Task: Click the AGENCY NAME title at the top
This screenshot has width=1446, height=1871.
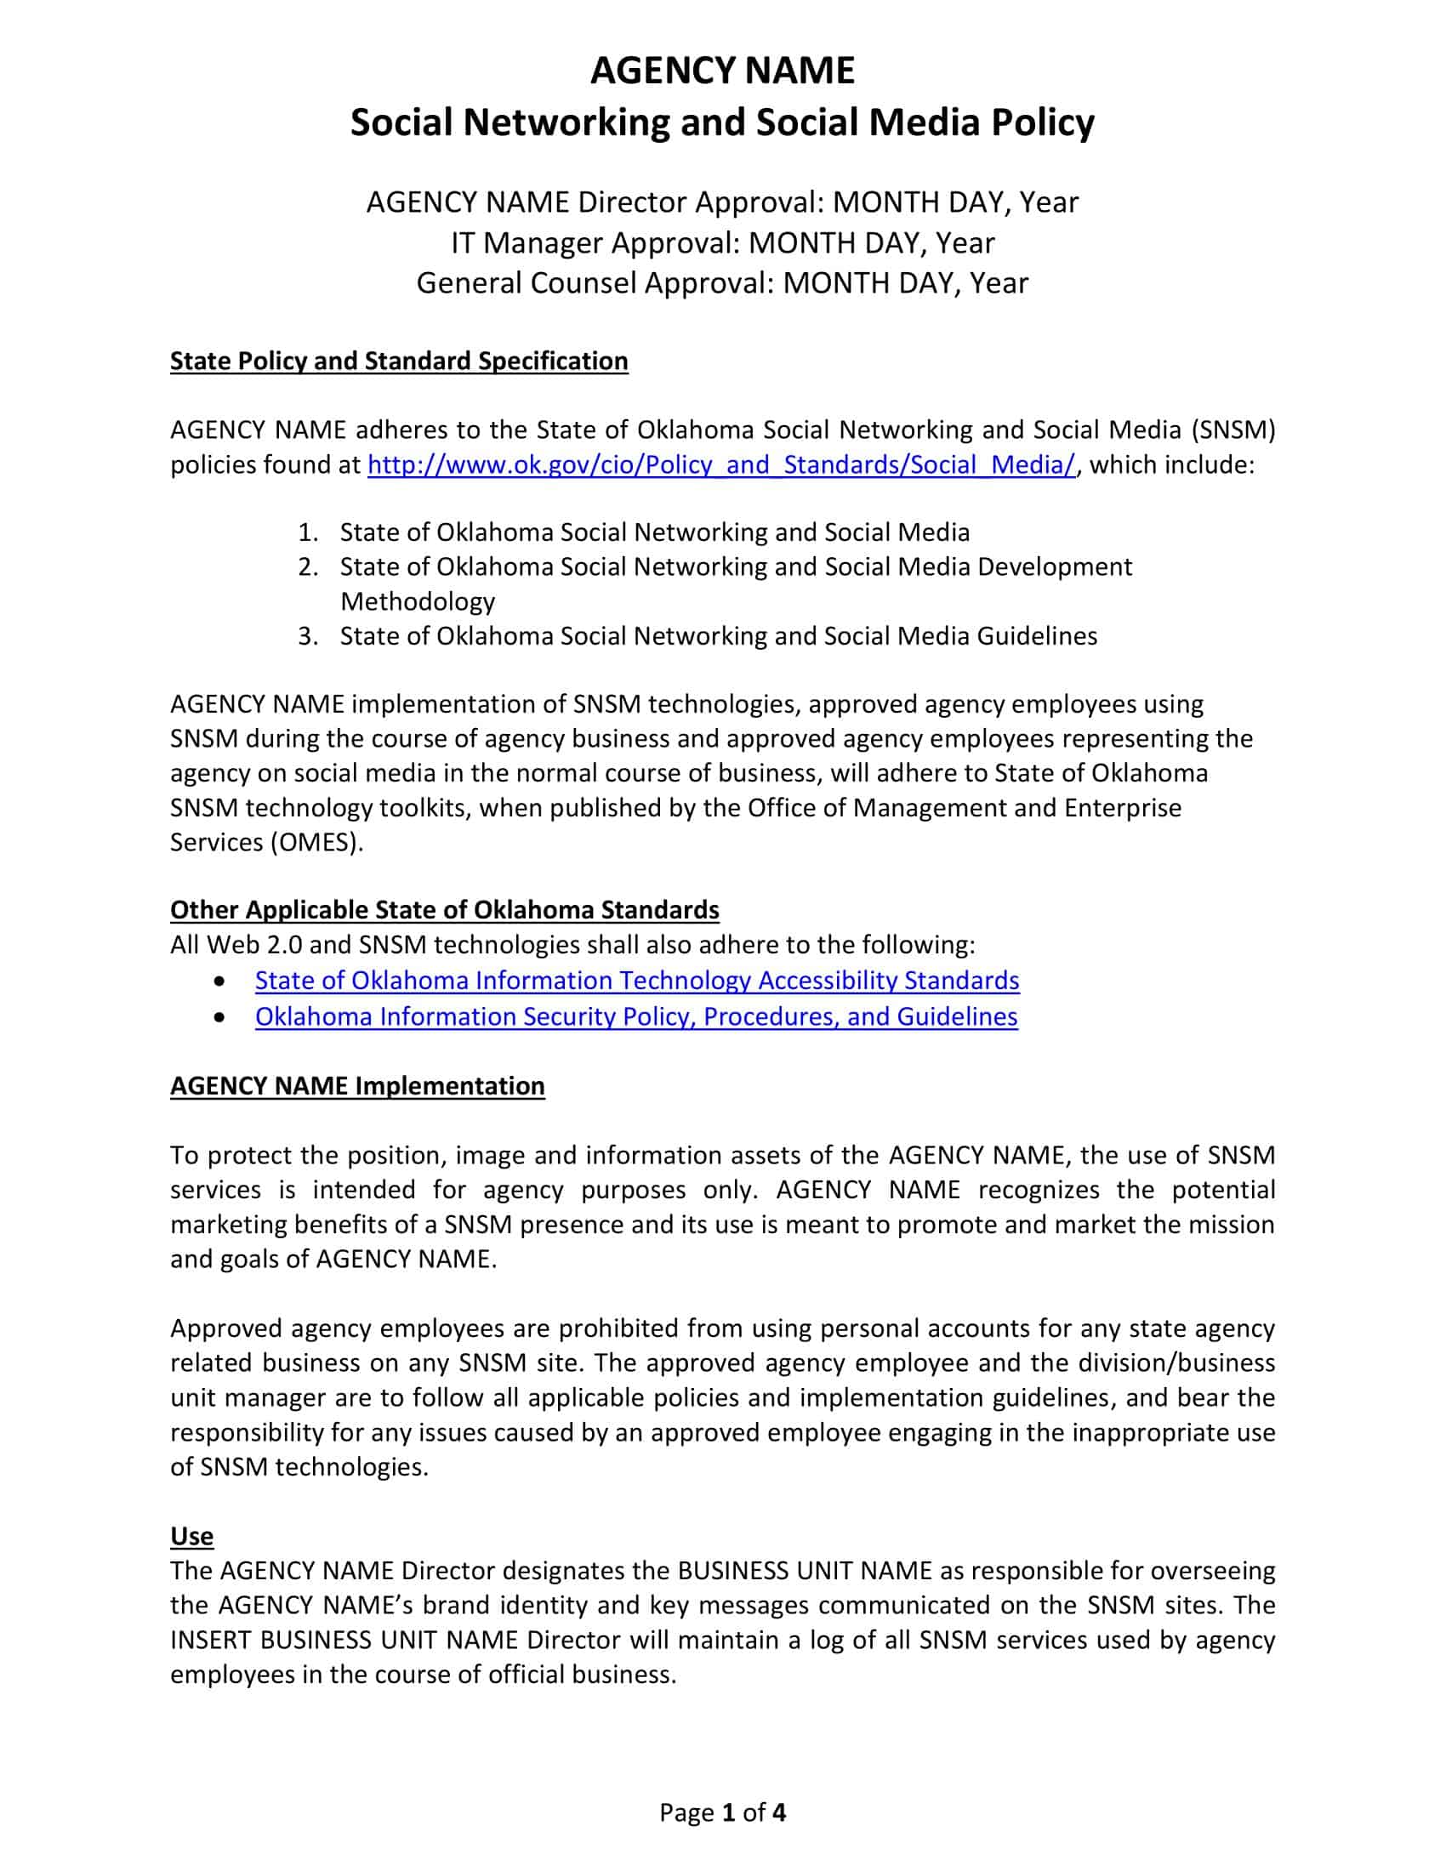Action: (x=722, y=71)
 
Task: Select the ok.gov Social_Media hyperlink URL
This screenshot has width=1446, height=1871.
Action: (x=720, y=464)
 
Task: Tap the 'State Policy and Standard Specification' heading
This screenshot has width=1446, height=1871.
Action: (x=398, y=361)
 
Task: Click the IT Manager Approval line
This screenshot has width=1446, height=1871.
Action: (x=722, y=243)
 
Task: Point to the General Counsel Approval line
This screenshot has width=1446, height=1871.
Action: (x=722, y=282)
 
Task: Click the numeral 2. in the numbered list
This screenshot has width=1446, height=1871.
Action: (x=309, y=567)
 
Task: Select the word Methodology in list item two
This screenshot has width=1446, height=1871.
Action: (x=417, y=601)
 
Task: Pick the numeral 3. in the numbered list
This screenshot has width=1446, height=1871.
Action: (x=309, y=636)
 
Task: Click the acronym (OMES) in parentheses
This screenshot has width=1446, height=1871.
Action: (x=316, y=842)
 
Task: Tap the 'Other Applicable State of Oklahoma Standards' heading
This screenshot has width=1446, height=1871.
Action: (x=444, y=909)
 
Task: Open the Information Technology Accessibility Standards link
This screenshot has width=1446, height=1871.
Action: (x=636, y=980)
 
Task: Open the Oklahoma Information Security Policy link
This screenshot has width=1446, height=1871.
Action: (x=635, y=1016)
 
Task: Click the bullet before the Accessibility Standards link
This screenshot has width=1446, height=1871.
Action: (x=221, y=980)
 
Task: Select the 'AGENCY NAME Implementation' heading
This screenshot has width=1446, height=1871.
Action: (x=357, y=1085)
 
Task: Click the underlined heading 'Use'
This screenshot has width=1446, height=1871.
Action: (x=191, y=1536)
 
